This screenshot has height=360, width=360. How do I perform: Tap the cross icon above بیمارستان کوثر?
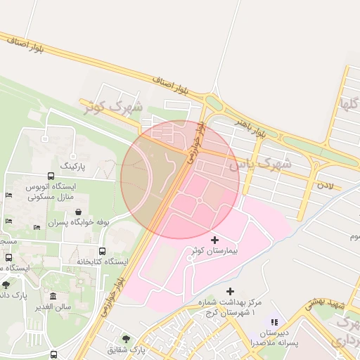214,240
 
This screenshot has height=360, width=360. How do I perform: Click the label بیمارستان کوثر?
214,251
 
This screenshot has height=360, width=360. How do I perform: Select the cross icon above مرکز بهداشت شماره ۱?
230,291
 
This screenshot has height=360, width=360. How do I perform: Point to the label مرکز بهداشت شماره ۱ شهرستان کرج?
229,307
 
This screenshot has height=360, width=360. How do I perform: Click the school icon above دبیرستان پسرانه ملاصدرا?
274,322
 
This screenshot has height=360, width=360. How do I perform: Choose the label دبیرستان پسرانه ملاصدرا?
274,337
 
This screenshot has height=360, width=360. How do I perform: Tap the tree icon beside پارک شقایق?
126,338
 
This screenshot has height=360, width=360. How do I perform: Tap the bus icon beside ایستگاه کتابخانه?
102,251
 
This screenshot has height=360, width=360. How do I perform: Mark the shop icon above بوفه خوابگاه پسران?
77,212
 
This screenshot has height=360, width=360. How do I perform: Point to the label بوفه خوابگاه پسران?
78,222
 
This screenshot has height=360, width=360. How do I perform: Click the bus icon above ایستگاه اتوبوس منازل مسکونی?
51,176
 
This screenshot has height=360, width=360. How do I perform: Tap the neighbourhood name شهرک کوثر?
112,108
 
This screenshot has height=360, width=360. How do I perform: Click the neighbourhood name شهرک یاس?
259,165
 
